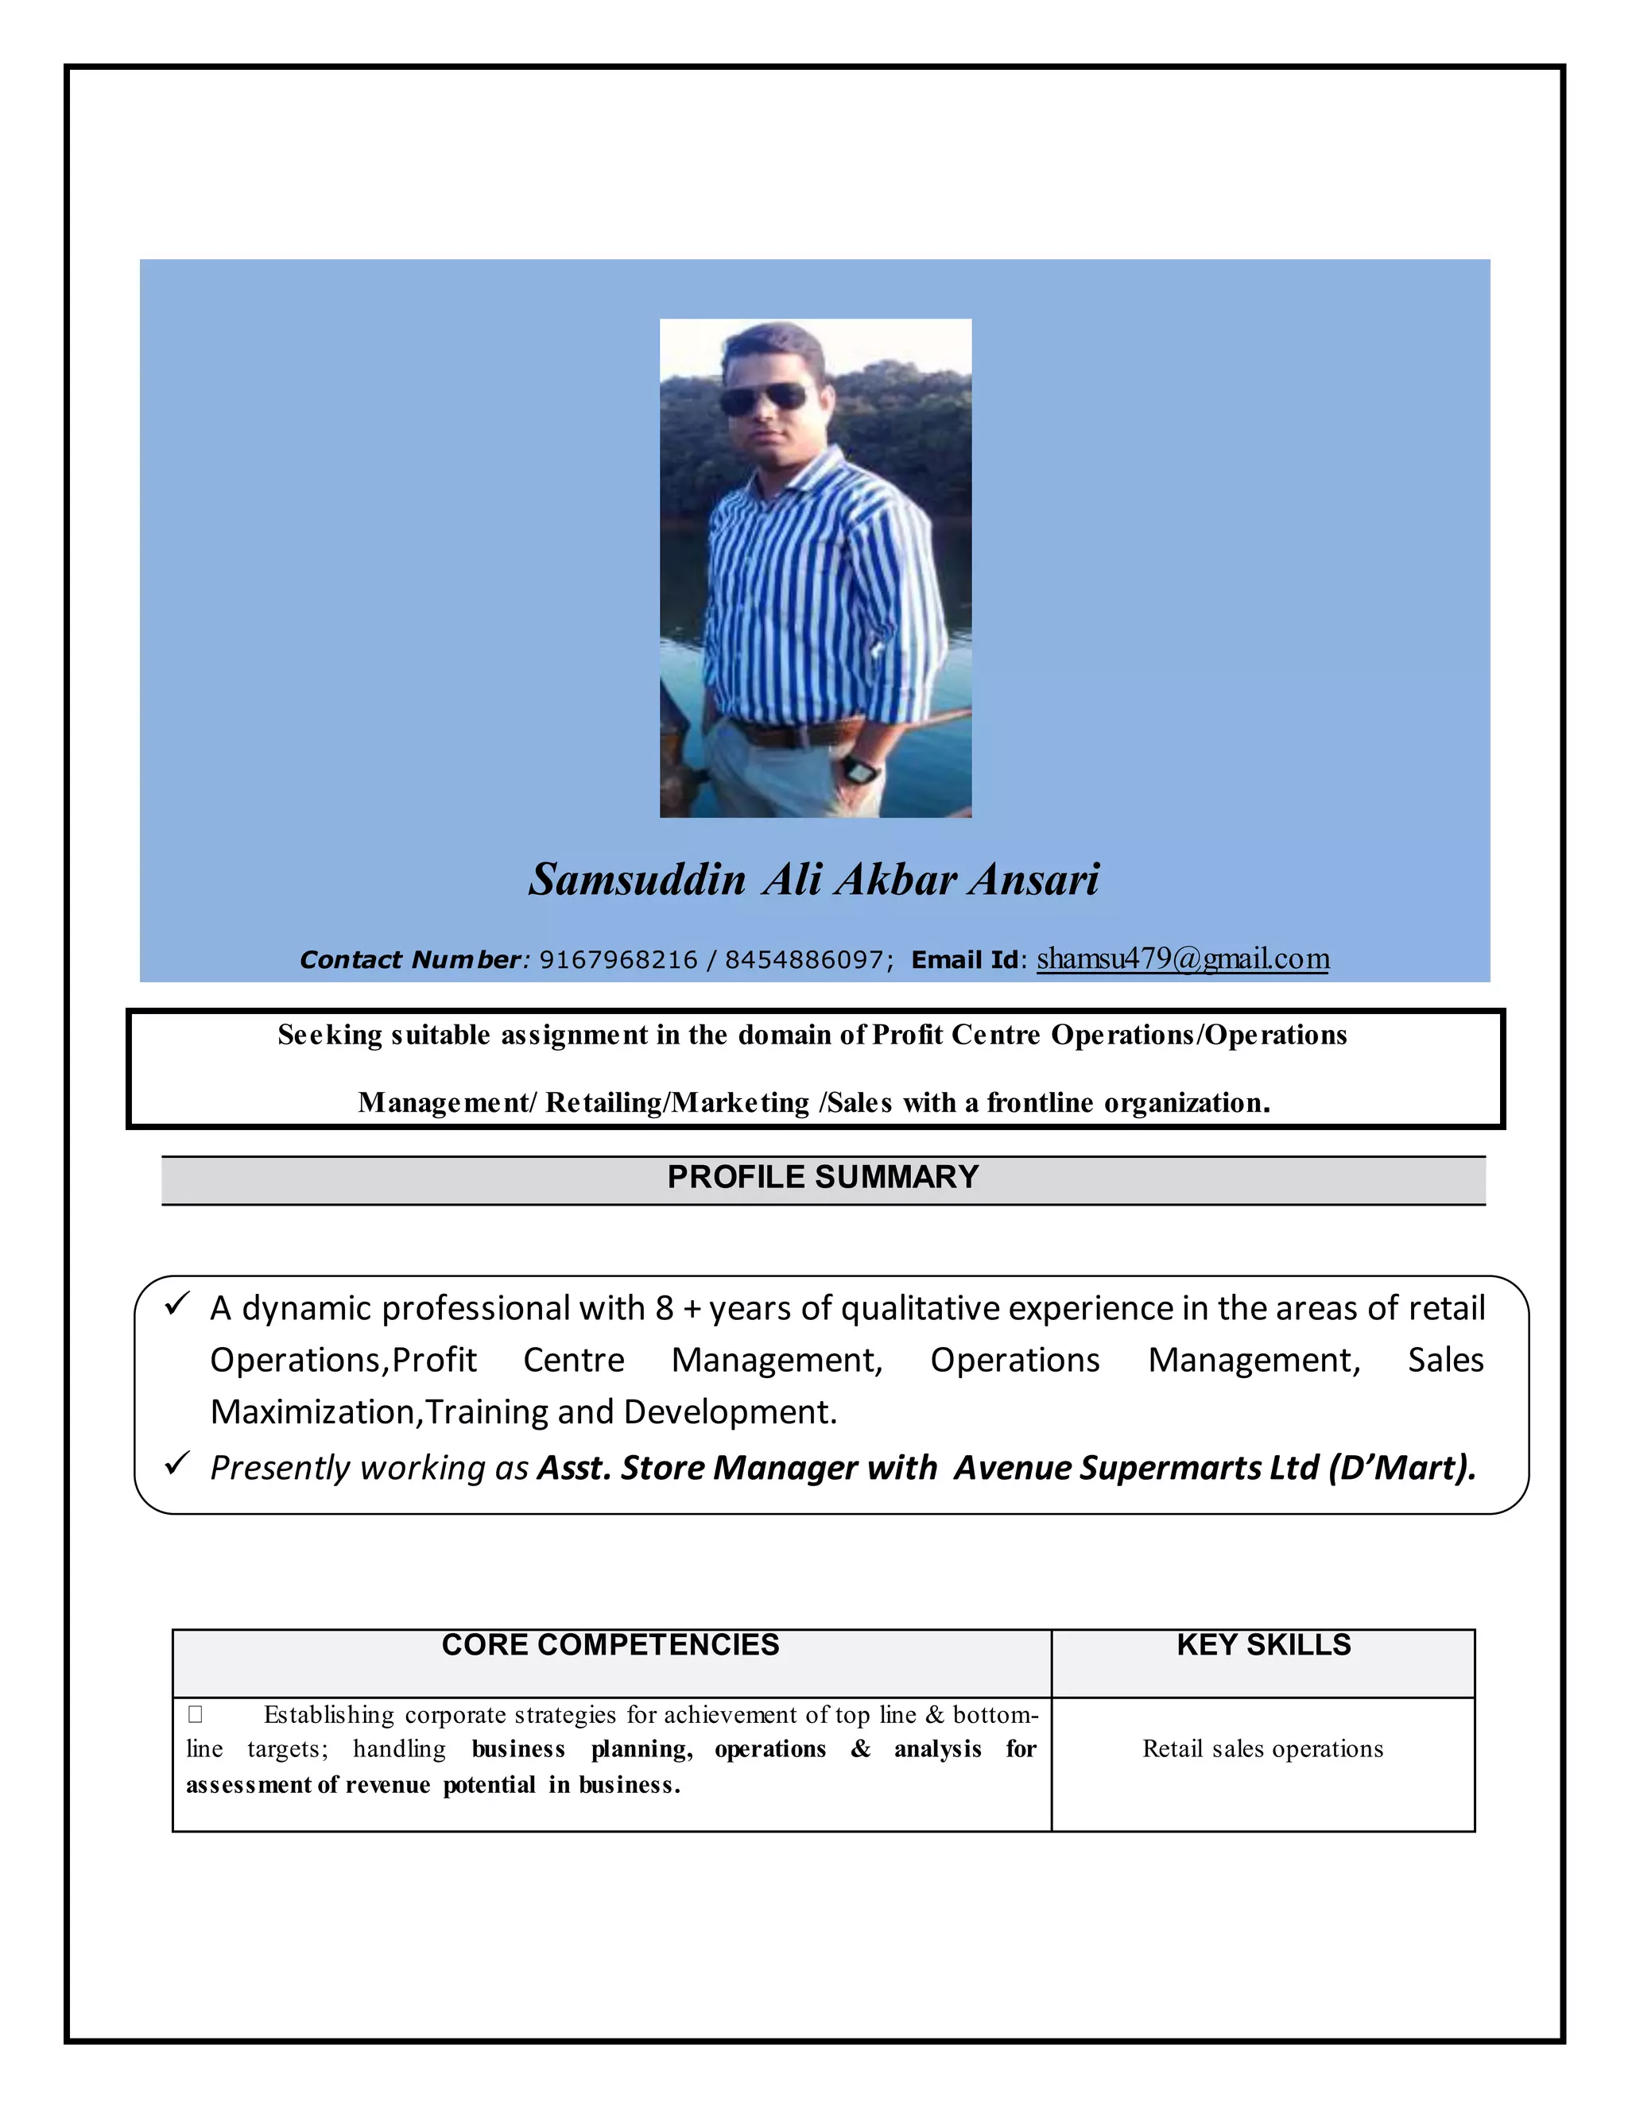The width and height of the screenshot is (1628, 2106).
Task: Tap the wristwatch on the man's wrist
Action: pyautogui.click(x=859, y=769)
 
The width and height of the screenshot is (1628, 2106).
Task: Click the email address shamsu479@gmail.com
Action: pyautogui.click(x=1182, y=958)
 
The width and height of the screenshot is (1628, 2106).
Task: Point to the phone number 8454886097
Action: pyautogui.click(x=804, y=961)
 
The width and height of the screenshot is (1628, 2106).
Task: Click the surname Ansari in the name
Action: pyautogui.click(x=1034, y=880)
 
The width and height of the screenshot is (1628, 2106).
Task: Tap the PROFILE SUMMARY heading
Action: pyautogui.click(x=823, y=1178)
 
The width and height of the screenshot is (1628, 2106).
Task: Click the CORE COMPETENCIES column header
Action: pyautogui.click(x=610, y=1645)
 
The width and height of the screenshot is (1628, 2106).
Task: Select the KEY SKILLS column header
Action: pyautogui.click(x=1263, y=1645)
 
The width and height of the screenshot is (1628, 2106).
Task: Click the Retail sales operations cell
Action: pyautogui.click(x=1262, y=1749)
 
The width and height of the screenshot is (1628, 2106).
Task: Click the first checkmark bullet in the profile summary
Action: pyautogui.click(x=176, y=1305)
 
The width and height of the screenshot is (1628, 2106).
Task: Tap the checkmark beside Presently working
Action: pyautogui.click(x=176, y=1464)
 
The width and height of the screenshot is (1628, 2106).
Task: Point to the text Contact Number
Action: pyautogui.click(x=411, y=961)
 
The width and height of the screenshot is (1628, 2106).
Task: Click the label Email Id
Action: pyautogui.click(x=964, y=961)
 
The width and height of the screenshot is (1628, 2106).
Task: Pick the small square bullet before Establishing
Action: pyautogui.click(x=195, y=1714)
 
